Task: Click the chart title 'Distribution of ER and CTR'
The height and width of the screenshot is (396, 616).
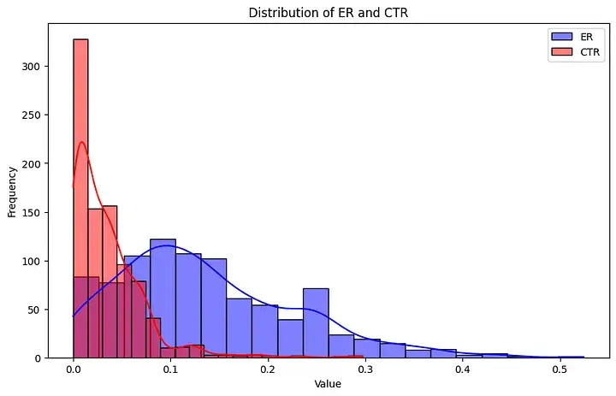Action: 328,13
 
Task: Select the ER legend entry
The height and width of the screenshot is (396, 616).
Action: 576,37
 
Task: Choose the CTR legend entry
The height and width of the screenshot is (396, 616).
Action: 576,52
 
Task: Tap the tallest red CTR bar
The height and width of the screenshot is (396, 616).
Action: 81,198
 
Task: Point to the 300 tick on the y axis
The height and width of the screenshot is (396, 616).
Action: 32,67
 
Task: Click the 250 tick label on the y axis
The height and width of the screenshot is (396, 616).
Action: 32,115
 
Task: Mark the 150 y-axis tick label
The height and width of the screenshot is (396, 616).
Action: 32,212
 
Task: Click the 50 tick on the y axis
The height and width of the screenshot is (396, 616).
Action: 34,310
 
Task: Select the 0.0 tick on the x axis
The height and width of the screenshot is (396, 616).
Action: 74,370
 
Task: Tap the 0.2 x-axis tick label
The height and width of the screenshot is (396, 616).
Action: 268,370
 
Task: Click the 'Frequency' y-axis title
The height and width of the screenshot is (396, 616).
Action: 12,192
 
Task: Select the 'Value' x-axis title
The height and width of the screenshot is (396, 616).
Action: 328,383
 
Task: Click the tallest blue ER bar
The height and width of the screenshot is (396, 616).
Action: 163,298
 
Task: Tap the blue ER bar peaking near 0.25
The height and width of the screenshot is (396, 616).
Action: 316,323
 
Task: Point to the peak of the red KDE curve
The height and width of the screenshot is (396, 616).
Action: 82,142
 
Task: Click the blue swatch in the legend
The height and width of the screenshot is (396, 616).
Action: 562,37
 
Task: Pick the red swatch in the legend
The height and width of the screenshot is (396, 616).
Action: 562,52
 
